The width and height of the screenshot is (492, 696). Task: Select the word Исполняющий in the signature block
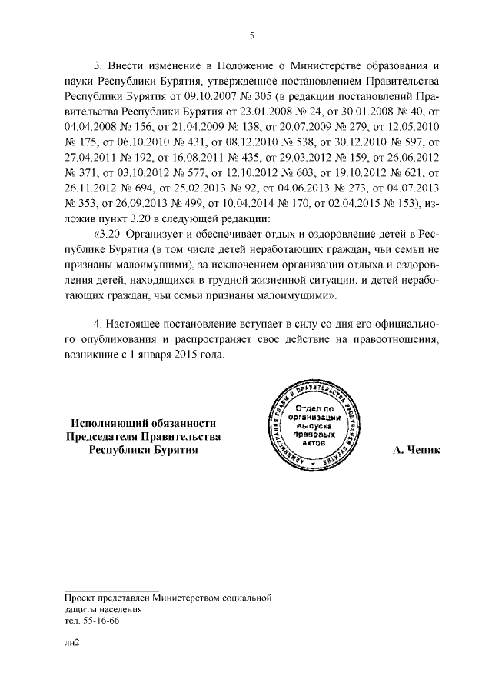[105, 423]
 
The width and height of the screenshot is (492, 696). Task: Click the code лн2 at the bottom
[72, 661]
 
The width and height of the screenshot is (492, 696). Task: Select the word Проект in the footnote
[82, 597]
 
